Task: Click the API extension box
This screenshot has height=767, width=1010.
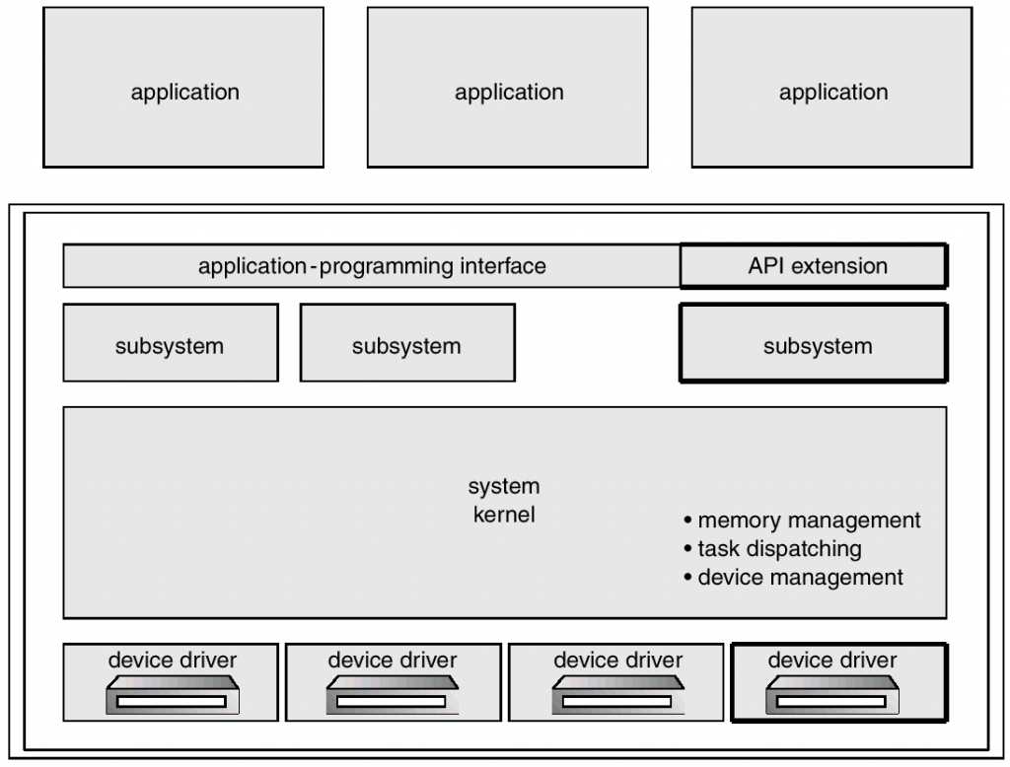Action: click(813, 265)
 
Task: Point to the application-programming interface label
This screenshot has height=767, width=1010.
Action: click(372, 265)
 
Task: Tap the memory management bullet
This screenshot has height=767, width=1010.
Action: click(802, 520)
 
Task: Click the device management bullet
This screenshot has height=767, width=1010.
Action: click(793, 578)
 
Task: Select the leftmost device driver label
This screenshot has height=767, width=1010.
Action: click(172, 658)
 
